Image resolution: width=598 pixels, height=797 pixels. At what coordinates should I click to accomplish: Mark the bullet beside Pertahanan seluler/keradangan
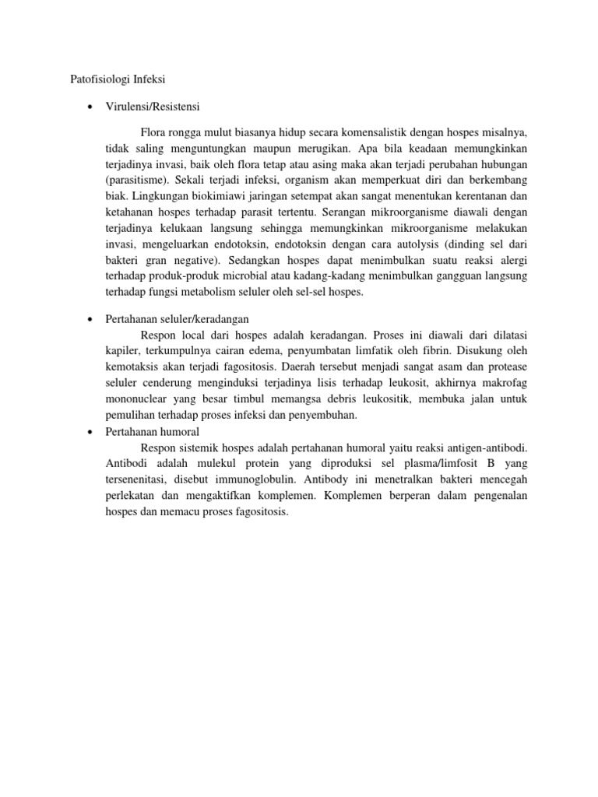(x=90, y=320)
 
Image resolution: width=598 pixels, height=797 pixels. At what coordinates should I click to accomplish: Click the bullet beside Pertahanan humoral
(x=90, y=431)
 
